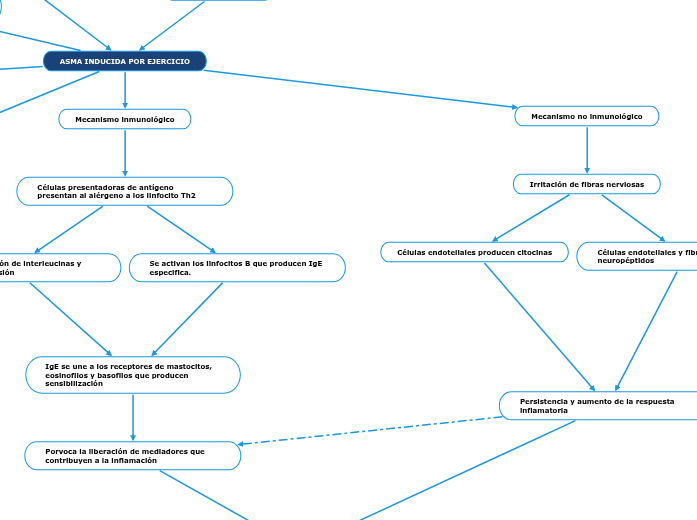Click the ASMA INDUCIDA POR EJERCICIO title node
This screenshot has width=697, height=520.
click(125, 61)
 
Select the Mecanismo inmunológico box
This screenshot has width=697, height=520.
click(125, 119)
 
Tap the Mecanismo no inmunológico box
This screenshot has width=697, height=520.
click(587, 116)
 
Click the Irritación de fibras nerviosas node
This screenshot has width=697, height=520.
click(587, 184)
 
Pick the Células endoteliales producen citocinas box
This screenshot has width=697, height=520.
click(474, 252)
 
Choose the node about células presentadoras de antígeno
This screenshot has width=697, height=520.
click(125, 191)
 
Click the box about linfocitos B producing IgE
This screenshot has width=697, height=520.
click(237, 267)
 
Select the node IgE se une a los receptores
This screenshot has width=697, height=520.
click(133, 375)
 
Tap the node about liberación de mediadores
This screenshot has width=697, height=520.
click(133, 455)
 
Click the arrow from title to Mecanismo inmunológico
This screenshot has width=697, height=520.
click(125, 88)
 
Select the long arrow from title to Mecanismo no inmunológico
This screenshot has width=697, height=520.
click(360, 88)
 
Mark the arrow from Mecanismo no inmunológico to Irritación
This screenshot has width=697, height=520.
click(587, 150)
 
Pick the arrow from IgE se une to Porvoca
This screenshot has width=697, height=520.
click(133, 415)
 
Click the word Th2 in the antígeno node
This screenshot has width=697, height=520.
click(187, 196)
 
